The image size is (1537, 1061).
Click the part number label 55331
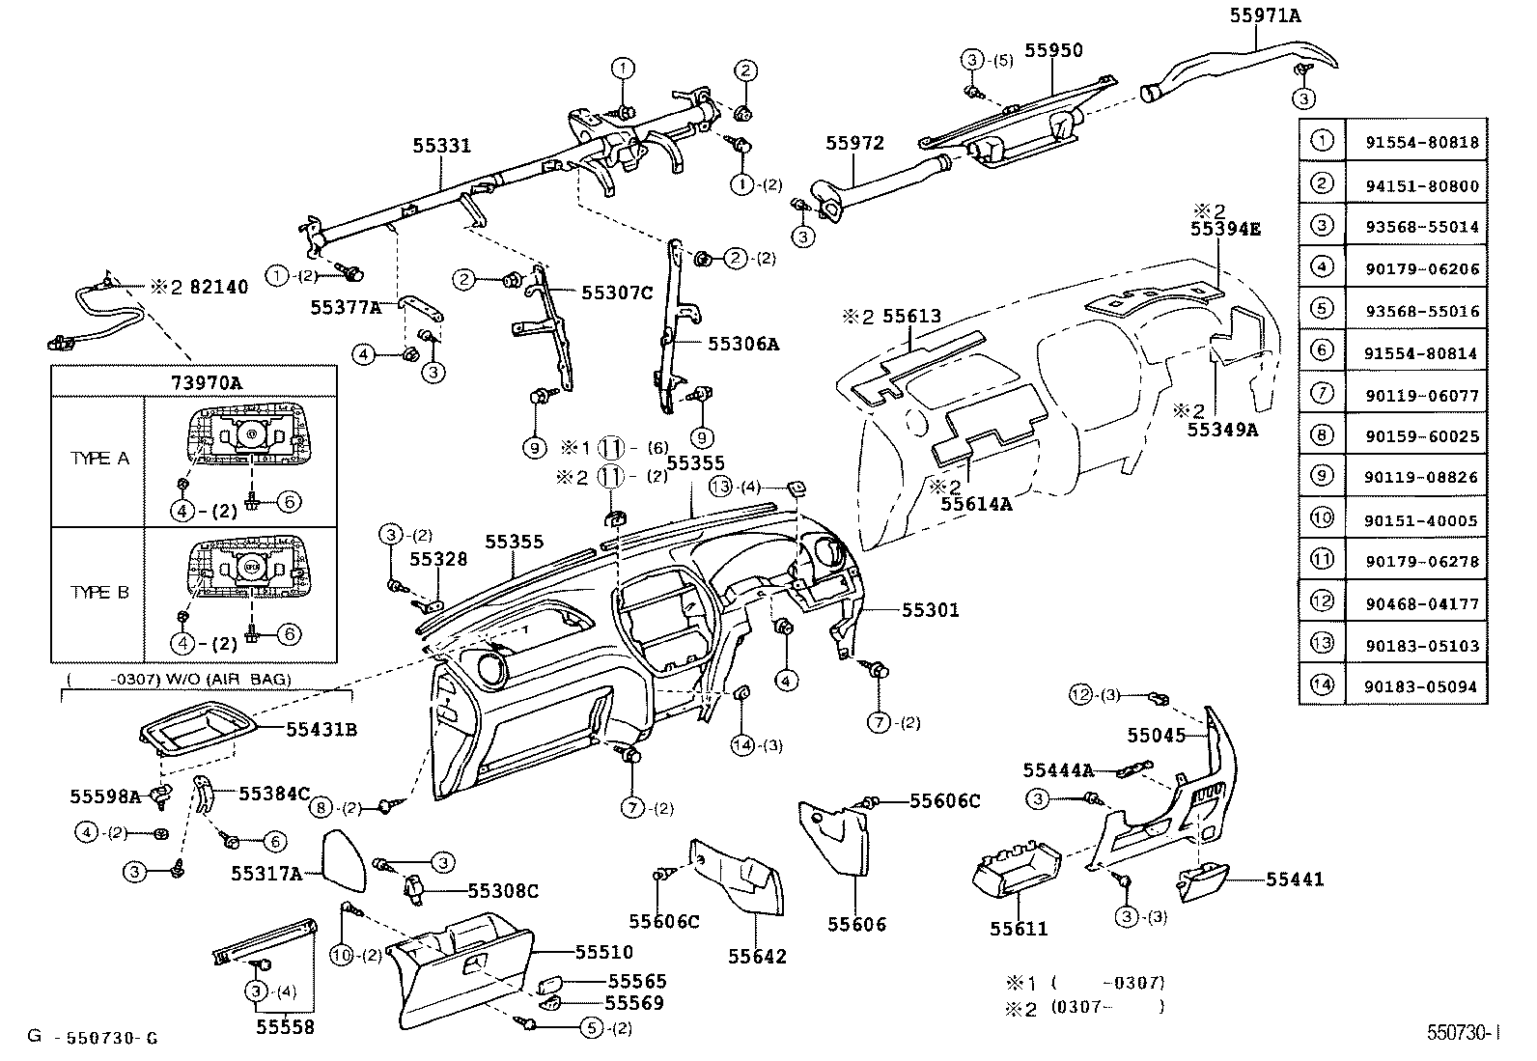pos(441,146)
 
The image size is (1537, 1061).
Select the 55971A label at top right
pos(1265,14)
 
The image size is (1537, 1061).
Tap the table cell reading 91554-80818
pos(1421,143)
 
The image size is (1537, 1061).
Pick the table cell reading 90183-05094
pos(1421,686)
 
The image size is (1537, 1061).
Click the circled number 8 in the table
pos(1322,435)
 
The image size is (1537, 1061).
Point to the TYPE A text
pos(98,459)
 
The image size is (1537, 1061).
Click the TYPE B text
pos(98,592)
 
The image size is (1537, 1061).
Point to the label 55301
pos(930,610)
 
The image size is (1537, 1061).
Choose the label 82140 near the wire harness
pos(218,287)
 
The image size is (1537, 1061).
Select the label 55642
pos(757,957)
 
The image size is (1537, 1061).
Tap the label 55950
pos(1053,50)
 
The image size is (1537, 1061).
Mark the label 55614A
pos(976,503)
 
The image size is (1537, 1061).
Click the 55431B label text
pos(321,729)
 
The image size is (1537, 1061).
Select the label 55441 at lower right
pos(1295,880)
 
